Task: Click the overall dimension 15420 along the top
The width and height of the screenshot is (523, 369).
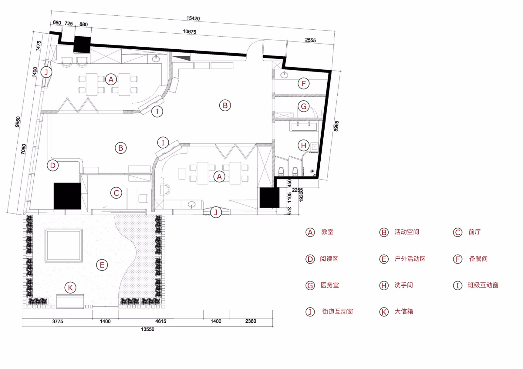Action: tap(193, 18)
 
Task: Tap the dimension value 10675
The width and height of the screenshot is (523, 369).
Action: tap(189, 31)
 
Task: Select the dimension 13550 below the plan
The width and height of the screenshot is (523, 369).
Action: tap(147, 329)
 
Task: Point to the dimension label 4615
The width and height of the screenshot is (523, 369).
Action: tap(160, 321)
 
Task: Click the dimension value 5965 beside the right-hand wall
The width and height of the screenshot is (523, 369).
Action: tap(336, 126)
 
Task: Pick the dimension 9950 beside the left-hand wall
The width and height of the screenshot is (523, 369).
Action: tap(18, 122)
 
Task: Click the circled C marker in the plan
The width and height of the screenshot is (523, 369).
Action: tap(116, 193)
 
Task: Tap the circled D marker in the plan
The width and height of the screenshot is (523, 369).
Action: tap(53, 165)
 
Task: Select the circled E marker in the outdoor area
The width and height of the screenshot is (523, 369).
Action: tap(102, 265)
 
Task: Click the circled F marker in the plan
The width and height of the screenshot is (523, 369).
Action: tap(304, 83)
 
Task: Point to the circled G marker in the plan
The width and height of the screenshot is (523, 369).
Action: tap(304, 106)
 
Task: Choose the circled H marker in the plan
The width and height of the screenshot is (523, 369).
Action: tap(304, 146)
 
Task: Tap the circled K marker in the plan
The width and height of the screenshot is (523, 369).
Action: tap(70, 288)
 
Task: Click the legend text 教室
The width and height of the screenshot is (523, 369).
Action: tap(327, 232)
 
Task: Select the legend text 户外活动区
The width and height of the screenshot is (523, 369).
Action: tap(410, 259)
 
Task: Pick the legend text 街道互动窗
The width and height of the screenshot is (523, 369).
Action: tap(337, 312)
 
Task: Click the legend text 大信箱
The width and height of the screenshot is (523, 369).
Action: tap(404, 312)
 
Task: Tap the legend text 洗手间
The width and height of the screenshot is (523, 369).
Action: tap(404, 285)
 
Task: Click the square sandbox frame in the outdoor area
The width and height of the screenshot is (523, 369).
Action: tap(64, 230)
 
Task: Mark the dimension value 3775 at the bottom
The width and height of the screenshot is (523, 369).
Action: tap(58, 321)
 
